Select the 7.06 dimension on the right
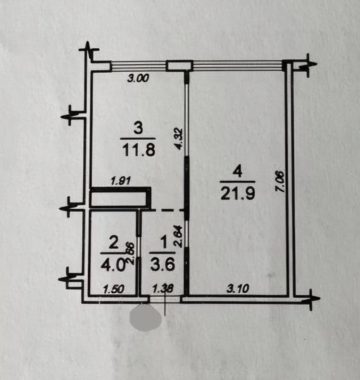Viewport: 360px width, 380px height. click(x=280, y=181)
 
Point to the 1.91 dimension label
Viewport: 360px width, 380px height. click(x=121, y=181)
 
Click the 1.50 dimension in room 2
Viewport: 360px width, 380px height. click(x=113, y=289)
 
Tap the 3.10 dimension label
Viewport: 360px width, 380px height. click(x=238, y=288)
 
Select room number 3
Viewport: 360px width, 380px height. click(x=138, y=128)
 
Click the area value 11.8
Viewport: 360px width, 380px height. click(x=138, y=150)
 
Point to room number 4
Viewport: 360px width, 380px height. click(x=238, y=172)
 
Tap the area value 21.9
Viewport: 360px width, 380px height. click(x=238, y=193)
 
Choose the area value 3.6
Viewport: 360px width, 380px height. click(x=163, y=264)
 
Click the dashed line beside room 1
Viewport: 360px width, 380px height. click(x=167, y=210)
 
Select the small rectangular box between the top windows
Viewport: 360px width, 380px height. click(x=179, y=66)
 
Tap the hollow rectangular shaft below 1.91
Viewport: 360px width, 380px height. click(x=120, y=197)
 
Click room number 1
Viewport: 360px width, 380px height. click(x=164, y=243)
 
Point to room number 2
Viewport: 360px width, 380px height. click(x=113, y=243)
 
